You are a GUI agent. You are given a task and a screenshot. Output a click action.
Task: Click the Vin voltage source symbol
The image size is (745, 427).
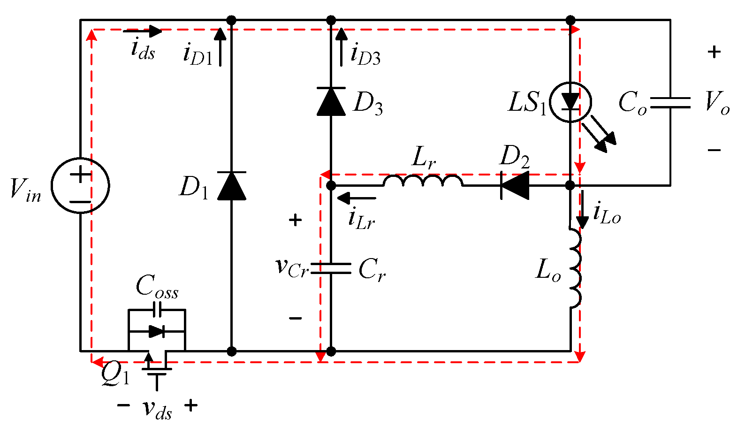pyautogui.click(x=80, y=185)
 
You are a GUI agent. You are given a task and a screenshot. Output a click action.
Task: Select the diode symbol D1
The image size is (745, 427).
pyautogui.click(x=231, y=186)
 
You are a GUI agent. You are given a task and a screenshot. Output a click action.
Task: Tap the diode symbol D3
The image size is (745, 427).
pyautogui.click(x=331, y=101)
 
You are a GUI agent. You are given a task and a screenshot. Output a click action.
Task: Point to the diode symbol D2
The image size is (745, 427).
pyautogui.click(x=515, y=185)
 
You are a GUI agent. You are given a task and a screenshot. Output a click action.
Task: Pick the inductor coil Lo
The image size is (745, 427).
pyautogui.click(x=575, y=268)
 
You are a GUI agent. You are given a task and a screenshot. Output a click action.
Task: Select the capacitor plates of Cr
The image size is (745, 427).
pyautogui.click(x=331, y=268)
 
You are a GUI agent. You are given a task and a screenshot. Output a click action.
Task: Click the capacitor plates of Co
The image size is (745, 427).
pyautogui.click(x=670, y=103)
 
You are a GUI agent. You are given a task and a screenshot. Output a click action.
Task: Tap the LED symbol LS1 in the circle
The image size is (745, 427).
pyautogui.click(x=570, y=102)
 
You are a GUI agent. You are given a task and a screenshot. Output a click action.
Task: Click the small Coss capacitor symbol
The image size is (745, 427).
pyautogui.click(x=158, y=309)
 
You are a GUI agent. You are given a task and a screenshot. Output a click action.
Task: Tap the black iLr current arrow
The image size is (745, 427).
pyautogui.click(x=357, y=198)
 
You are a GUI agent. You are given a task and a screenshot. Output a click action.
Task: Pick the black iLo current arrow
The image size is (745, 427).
pyautogui.click(x=582, y=209)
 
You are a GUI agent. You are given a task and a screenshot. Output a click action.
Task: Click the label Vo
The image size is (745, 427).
pyautogui.click(x=717, y=103)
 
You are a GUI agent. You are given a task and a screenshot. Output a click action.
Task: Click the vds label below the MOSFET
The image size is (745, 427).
pyautogui.click(x=157, y=409)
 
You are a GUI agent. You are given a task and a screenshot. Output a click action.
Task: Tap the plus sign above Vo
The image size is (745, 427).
pyautogui.click(x=714, y=52)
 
